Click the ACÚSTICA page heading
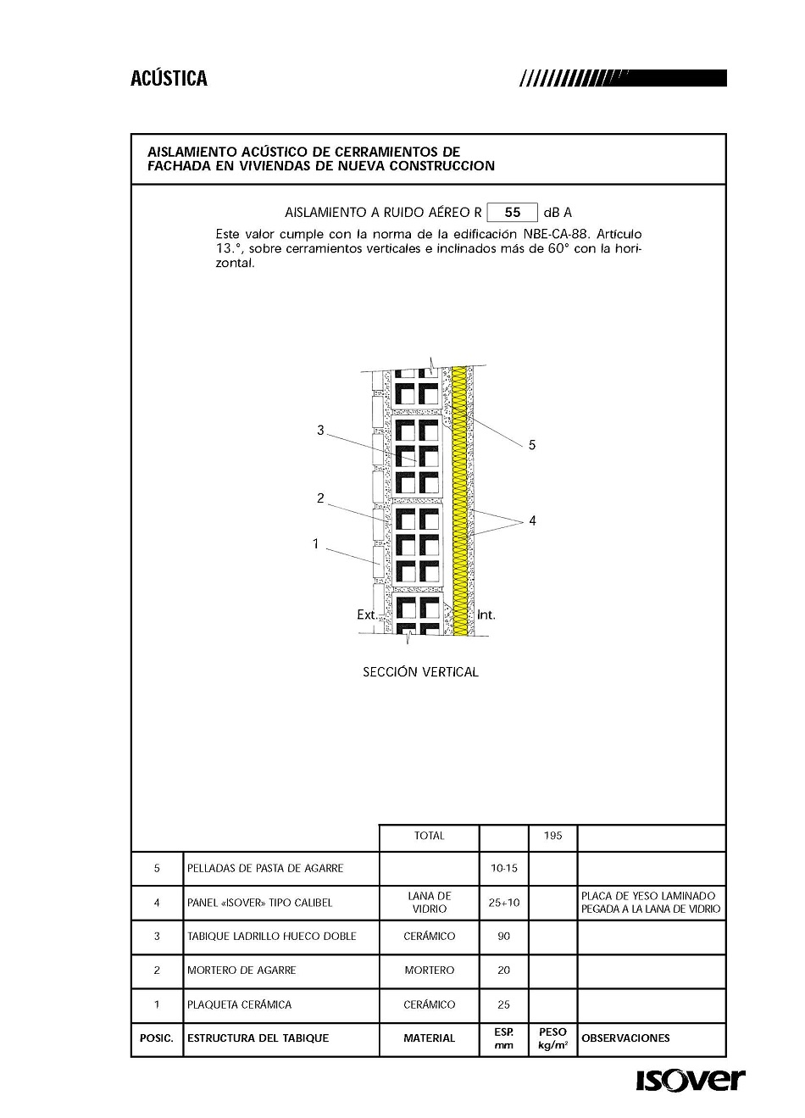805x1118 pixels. [169, 79]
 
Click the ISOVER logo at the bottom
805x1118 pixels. [690, 1080]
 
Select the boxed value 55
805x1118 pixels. [512, 212]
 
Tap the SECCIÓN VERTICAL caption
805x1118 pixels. [420, 672]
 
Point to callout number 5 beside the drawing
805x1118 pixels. [532, 445]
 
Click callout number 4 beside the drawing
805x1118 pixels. [532, 521]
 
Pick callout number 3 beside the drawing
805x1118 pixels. [320, 431]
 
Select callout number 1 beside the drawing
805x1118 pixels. [315, 544]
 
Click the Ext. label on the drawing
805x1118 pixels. [366, 615]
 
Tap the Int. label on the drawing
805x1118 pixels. [486, 615]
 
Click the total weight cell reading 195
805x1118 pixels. [552, 836]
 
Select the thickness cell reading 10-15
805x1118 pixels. [504, 868]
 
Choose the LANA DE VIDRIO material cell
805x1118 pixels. [429, 902]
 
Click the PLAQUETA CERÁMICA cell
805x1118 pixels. [239, 1004]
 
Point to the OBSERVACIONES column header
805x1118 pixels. [625, 1038]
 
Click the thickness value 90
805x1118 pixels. [504, 937]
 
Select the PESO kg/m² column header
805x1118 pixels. [552, 1038]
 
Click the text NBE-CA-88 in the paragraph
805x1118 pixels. [549, 234]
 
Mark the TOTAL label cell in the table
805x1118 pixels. [429, 836]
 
